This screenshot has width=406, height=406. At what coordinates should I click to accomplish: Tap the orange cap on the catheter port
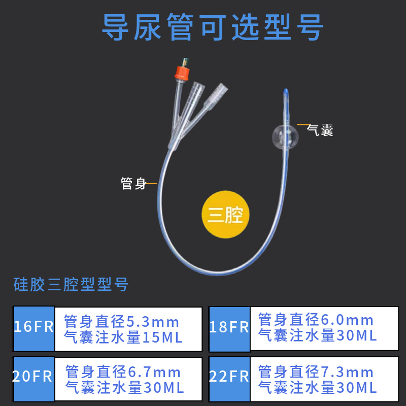[x=181, y=71]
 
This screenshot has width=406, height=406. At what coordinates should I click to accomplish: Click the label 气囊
[x=320, y=130]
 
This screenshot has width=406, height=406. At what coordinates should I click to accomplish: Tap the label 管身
[x=133, y=183]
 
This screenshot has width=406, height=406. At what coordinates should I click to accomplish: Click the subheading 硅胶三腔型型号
[x=71, y=284]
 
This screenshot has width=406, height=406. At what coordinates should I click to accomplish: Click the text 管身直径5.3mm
[x=122, y=321]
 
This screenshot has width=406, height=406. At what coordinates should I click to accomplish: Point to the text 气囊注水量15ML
[x=124, y=336]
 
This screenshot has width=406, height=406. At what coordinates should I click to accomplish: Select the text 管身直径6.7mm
[x=123, y=372]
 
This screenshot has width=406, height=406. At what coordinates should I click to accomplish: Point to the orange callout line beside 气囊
[x=302, y=124]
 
